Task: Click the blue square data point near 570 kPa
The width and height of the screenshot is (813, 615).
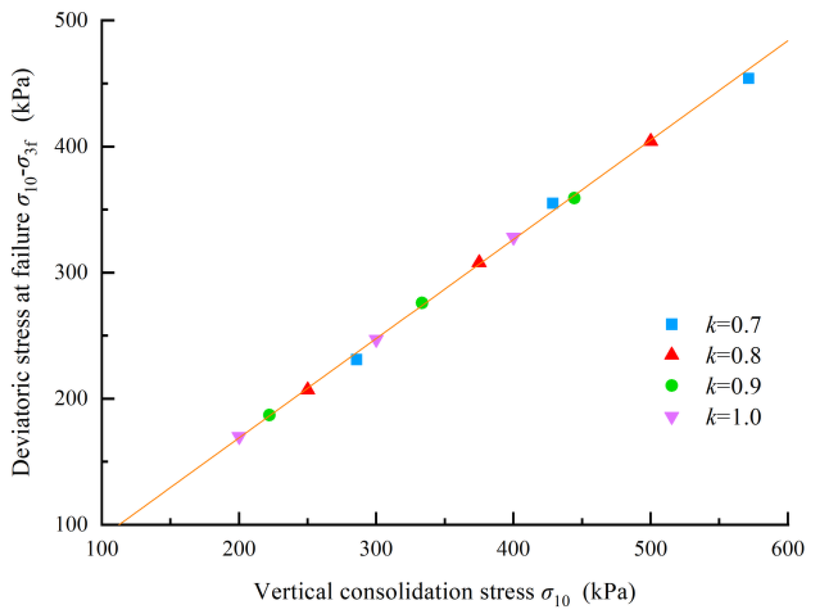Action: [x=748, y=78]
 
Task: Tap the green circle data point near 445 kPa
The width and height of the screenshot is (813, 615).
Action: [x=574, y=198]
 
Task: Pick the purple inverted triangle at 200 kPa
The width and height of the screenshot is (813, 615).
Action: [x=239, y=437]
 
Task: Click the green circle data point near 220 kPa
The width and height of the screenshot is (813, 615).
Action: [x=269, y=415]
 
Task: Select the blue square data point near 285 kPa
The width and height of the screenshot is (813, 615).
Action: [x=356, y=359]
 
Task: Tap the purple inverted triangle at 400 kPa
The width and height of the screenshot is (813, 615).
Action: [x=513, y=238]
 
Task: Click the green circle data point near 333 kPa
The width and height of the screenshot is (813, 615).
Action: [x=421, y=303]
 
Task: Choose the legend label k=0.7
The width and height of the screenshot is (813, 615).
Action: [x=733, y=324]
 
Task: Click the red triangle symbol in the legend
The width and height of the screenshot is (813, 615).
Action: [x=672, y=354]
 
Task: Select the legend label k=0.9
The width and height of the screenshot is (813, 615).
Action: [x=733, y=386]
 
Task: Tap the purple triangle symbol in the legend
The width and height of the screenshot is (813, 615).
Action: [x=672, y=418]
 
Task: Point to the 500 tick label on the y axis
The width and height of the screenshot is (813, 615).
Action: [x=71, y=20]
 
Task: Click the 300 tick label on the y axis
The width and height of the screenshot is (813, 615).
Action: [x=71, y=272]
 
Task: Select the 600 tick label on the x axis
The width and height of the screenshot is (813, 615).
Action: [x=787, y=549]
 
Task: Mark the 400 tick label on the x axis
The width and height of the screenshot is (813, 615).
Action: [x=513, y=549]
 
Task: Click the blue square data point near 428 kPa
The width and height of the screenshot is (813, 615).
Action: [x=552, y=203]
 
